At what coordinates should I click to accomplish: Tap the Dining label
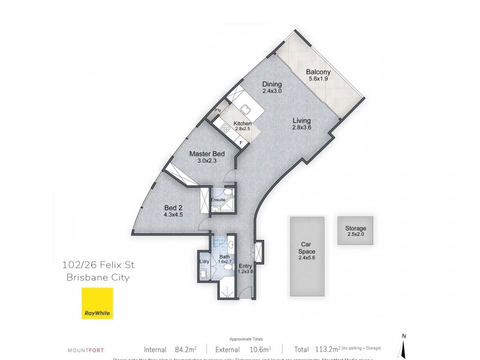tap(272, 85)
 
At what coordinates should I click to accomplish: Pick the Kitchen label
tap(233, 124)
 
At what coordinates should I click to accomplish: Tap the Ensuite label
tap(217, 199)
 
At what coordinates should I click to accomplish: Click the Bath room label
tap(224, 256)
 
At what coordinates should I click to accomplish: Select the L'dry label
tap(203, 261)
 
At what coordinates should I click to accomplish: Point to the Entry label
tap(245, 266)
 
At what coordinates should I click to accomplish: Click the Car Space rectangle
tap(307, 256)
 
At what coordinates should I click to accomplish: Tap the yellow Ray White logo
tap(97, 303)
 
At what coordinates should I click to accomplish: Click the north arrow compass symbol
tap(405, 344)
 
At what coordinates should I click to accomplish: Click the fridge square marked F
tap(241, 142)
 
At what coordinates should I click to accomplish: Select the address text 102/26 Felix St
tap(95, 266)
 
